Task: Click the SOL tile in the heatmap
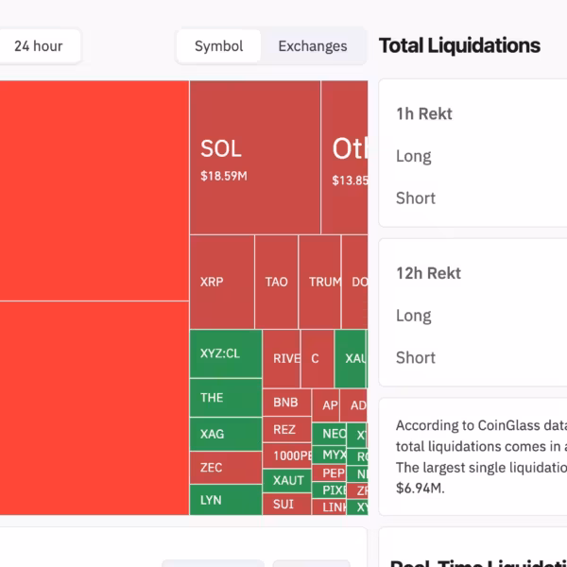254,157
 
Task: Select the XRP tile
222,282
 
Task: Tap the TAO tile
276,282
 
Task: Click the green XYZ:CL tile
225,354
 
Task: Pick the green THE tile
225,398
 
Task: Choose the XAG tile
225,434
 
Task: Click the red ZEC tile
225,467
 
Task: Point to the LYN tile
225,499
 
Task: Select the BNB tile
285,403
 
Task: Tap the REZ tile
285,429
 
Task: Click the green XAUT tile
287,480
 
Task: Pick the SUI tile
285,504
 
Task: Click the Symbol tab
218,45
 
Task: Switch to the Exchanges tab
312,45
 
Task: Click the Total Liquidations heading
459,45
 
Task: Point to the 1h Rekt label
424,113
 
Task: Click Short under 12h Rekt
416,357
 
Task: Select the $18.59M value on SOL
224,176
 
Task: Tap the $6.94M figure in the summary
420,489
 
